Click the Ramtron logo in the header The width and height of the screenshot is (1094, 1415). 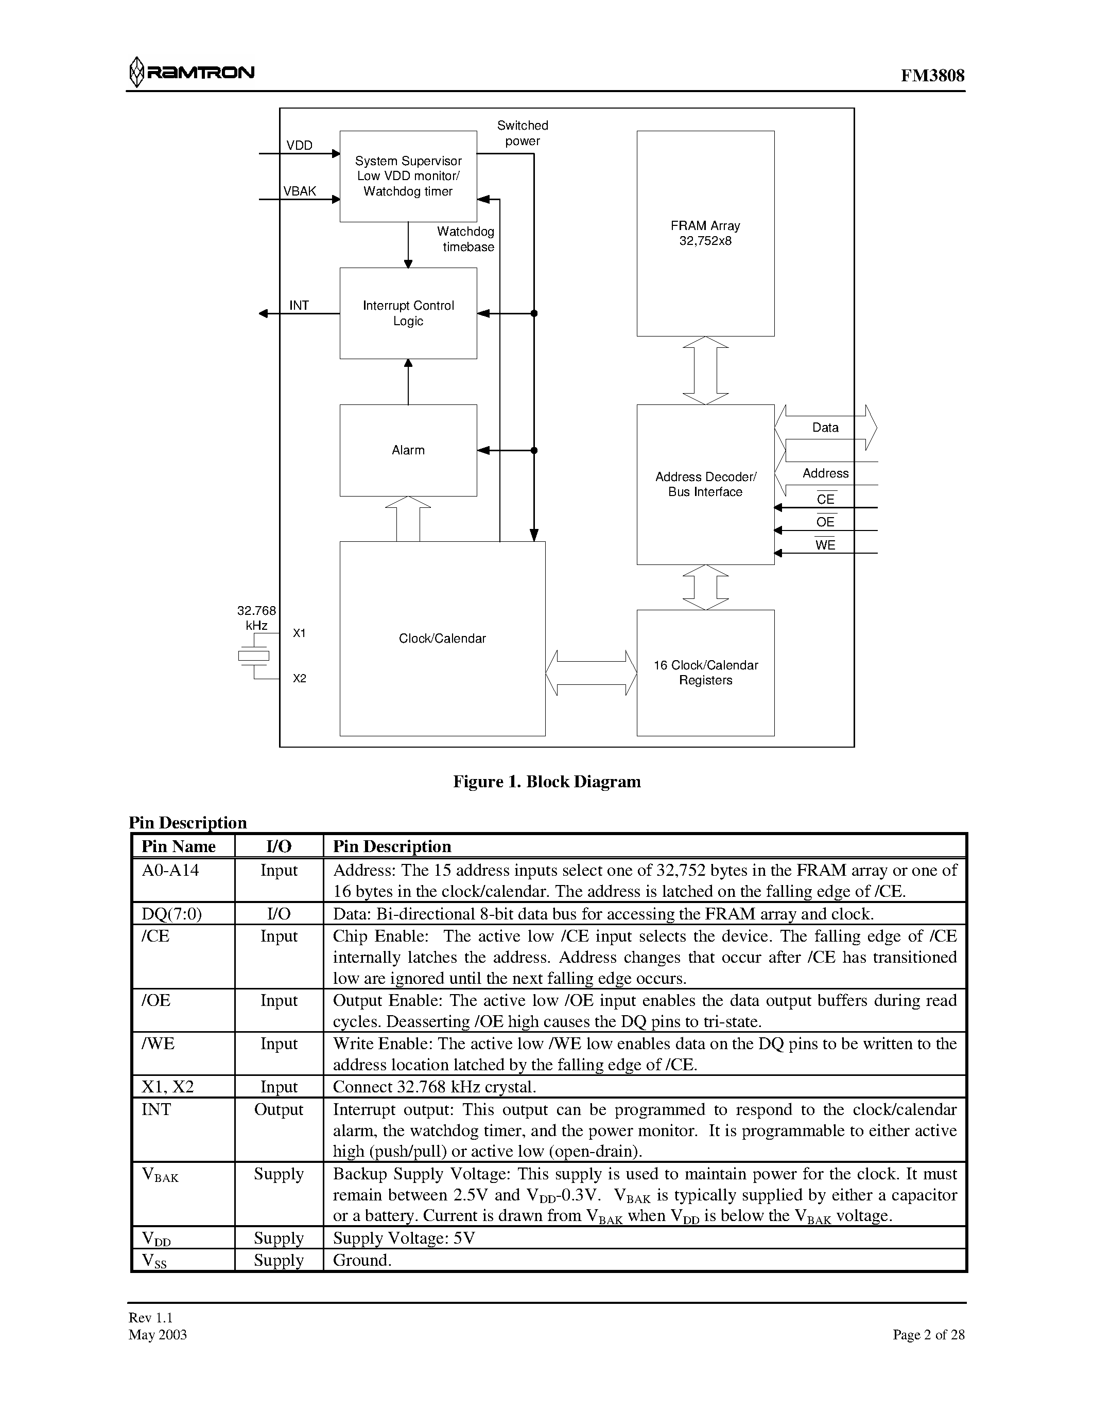(x=193, y=72)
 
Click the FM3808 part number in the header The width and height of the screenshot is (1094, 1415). (x=932, y=76)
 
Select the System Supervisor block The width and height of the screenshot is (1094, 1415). (x=408, y=175)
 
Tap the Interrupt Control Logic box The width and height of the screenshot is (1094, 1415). (x=408, y=313)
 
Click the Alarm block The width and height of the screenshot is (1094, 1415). (x=408, y=450)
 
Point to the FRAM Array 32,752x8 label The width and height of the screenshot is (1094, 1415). (x=705, y=233)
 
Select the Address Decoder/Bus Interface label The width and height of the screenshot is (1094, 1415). (x=705, y=484)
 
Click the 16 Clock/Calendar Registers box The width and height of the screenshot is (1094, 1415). (x=705, y=673)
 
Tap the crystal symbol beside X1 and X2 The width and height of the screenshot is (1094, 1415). (x=253, y=657)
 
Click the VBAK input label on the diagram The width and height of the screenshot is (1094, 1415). (x=300, y=191)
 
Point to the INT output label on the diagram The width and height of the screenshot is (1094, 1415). (x=299, y=305)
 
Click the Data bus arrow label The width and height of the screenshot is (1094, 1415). (x=825, y=428)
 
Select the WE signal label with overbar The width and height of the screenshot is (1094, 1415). (x=825, y=545)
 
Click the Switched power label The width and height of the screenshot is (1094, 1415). (x=523, y=133)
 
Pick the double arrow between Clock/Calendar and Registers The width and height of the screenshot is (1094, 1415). (x=591, y=673)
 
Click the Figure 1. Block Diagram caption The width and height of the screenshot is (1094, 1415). (x=546, y=782)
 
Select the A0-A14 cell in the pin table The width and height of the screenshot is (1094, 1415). (x=170, y=870)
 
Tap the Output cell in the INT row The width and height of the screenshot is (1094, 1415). (x=279, y=1109)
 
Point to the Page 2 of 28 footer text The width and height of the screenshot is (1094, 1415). (x=928, y=1335)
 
